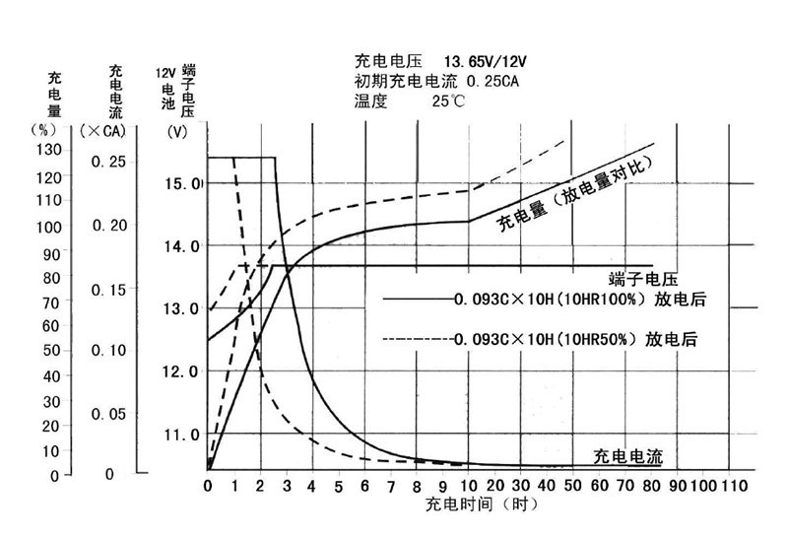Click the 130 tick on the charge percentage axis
pyautogui.click(x=47, y=149)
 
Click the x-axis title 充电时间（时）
pyautogui.click(x=481, y=505)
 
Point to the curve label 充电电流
pyautogui.click(x=627, y=456)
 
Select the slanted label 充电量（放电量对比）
pyautogui.click(x=576, y=192)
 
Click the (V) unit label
pyautogui.click(x=177, y=131)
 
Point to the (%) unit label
pyautogui.click(x=46, y=129)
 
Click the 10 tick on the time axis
pyautogui.click(x=468, y=487)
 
